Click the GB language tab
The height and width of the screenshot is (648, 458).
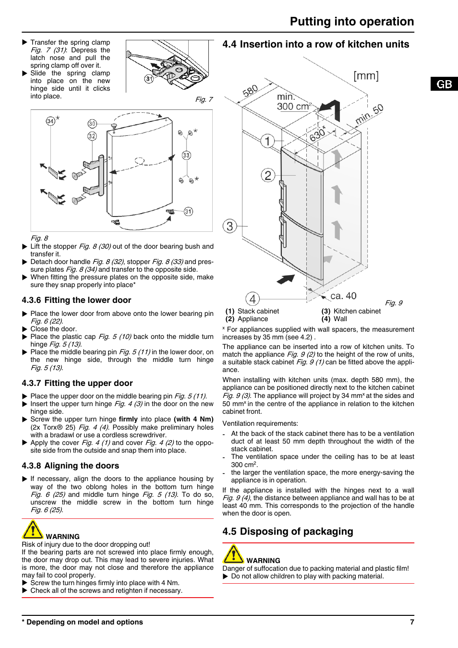444,84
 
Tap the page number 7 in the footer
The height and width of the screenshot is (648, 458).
412,622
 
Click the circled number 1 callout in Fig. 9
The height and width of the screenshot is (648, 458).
267,141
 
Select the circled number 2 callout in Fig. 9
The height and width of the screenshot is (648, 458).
268,175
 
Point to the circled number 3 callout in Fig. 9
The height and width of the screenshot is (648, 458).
230,226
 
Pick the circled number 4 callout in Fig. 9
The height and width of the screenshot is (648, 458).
253,299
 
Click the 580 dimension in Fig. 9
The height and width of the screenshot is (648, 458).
250,91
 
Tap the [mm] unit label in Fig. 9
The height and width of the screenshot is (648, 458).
366,76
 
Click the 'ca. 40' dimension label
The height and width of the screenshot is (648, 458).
343,296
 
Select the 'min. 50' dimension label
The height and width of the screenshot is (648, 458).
369,114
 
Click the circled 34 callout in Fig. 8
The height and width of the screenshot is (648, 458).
50,121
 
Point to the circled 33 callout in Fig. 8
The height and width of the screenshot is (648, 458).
186,155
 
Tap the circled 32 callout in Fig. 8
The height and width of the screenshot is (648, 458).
92,136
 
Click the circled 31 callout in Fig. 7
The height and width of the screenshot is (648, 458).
149,79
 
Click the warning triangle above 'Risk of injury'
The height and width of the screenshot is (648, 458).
33,530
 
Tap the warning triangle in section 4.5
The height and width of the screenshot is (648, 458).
233,554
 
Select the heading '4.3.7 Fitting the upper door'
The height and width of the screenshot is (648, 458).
77,383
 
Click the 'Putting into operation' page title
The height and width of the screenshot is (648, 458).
351,22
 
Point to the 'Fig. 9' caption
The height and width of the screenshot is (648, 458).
394,303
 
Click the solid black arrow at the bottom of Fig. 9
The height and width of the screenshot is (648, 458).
286,279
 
